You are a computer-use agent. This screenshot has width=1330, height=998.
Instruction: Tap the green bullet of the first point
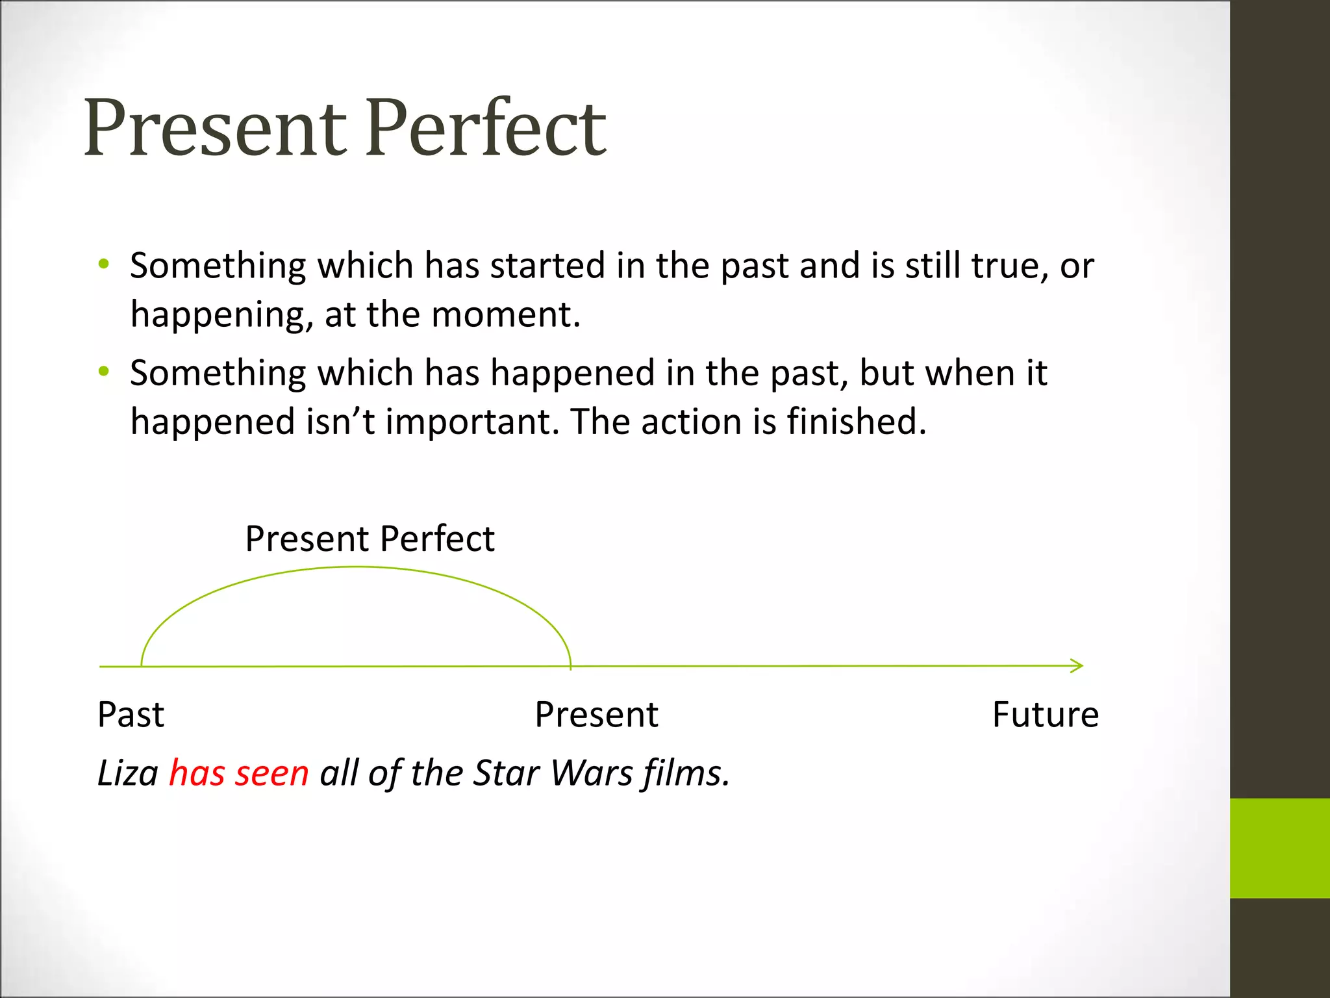click(x=104, y=264)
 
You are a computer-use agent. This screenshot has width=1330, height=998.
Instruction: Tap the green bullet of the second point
click(x=104, y=372)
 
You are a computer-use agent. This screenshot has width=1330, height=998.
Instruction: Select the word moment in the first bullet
click(x=505, y=315)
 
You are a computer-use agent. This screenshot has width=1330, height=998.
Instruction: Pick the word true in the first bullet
click(x=1009, y=266)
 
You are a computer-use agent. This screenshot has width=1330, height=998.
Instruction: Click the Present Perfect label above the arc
click(x=370, y=539)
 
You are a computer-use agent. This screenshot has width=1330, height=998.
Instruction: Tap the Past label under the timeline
click(x=131, y=715)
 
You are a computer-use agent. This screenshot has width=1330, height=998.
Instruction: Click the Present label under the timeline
click(x=596, y=715)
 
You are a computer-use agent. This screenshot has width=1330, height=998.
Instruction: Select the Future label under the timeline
click(x=1045, y=715)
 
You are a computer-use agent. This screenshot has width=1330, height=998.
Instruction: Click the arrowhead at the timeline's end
click(x=1078, y=665)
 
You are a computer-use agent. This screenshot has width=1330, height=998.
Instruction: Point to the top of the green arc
click(x=356, y=567)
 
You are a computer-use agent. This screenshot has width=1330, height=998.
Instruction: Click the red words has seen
click(x=238, y=774)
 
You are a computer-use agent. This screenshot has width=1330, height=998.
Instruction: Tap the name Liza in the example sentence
click(x=127, y=774)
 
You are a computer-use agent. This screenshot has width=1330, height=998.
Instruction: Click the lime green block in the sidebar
click(x=1279, y=848)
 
